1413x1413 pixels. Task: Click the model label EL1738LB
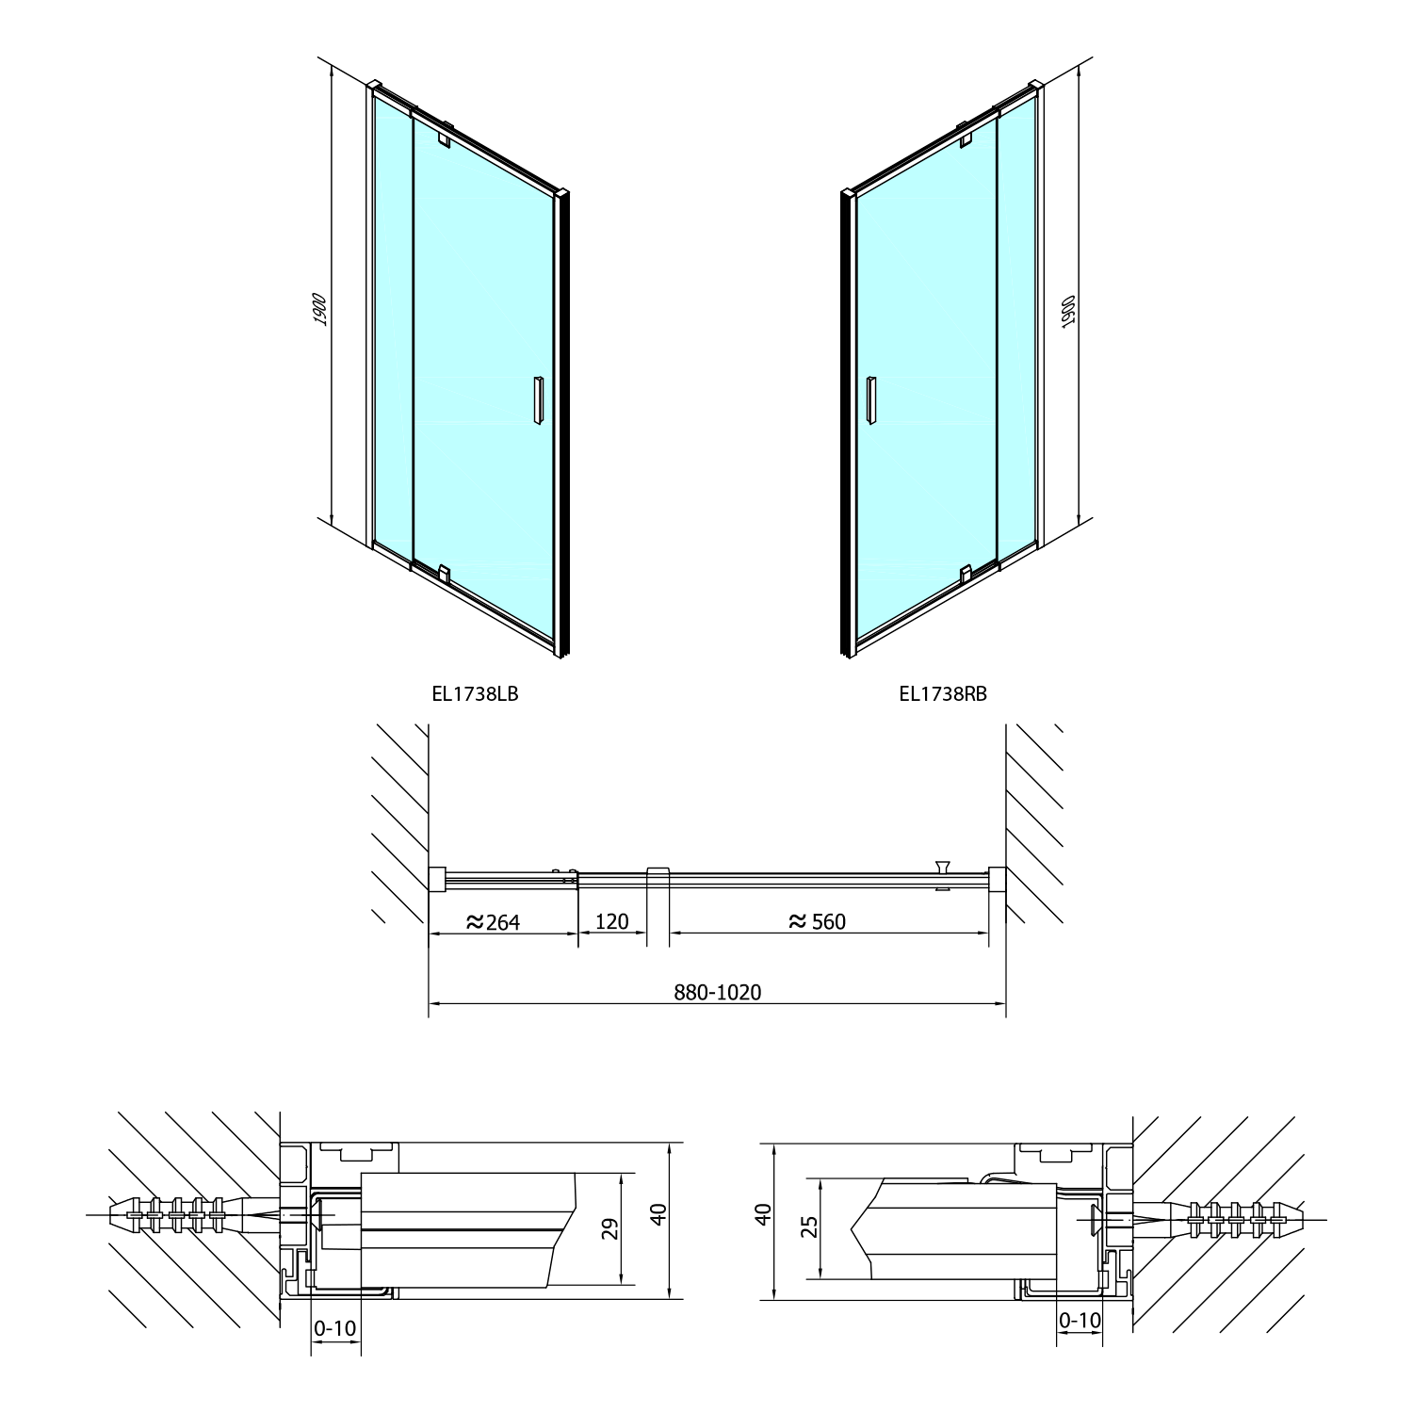tap(475, 694)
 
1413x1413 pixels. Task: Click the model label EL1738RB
tap(943, 694)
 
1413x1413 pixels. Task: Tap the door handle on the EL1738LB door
tap(538, 399)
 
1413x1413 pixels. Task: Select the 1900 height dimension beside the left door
tap(320, 309)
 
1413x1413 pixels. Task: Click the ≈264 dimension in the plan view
tap(494, 921)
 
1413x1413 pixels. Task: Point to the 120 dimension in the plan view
tap(612, 921)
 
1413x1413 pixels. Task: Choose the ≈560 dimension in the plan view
tap(818, 921)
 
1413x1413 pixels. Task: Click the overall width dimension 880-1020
tap(718, 992)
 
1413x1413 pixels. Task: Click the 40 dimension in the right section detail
tap(763, 1212)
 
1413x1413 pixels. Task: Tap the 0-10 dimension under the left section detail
tap(335, 1328)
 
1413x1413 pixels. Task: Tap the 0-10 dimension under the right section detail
tap(1080, 1321)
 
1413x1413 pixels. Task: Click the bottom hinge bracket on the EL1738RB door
tap(966, 574)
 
